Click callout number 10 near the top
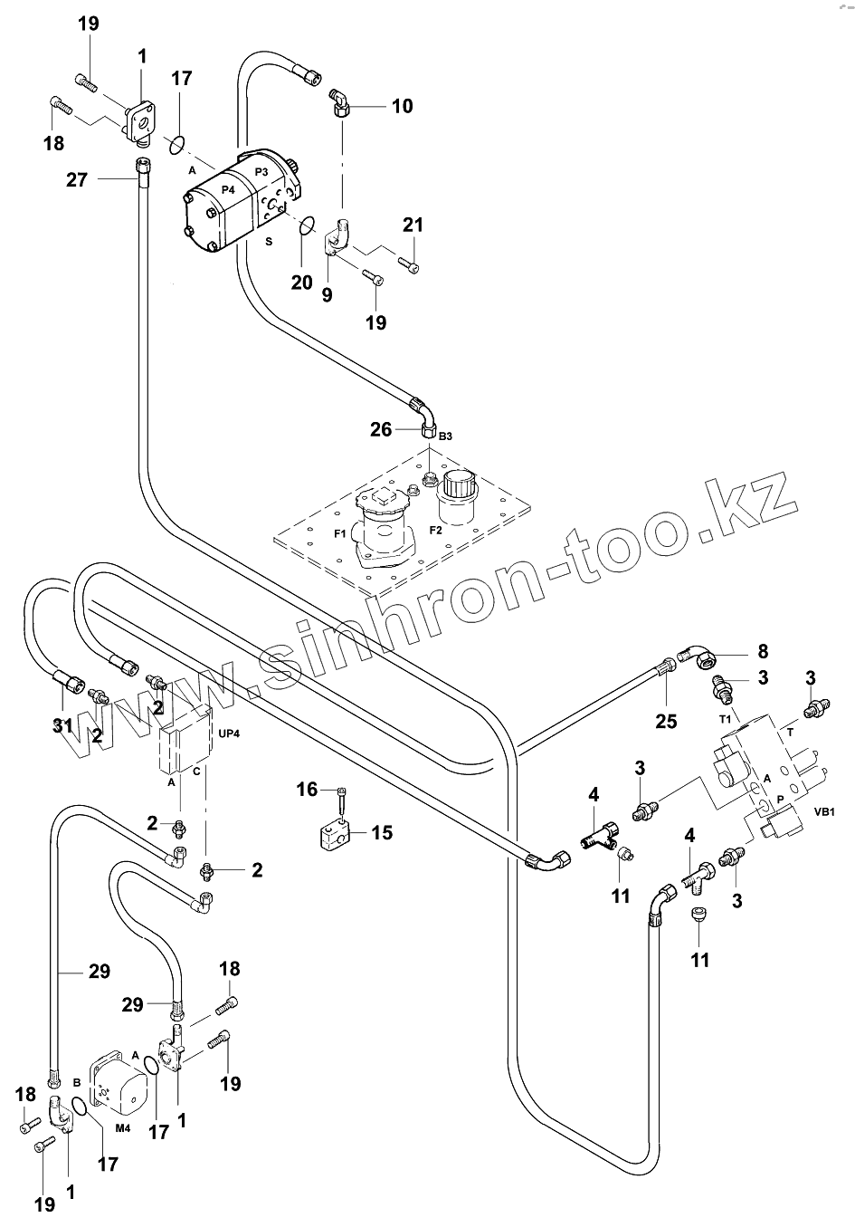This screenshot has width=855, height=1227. pyautogui.click(x=402, y=106)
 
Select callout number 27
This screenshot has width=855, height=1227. pyautogui.click(x=77, y=179)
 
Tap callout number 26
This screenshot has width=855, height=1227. pyautogui.click(x=381, y=428)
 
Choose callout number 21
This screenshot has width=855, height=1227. pyautogui.click(x=413, y=225)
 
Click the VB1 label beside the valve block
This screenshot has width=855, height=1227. pyautogui.click(x=824, y=811)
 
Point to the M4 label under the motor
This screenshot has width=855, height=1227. pyautogui.click(x=124, y=1127)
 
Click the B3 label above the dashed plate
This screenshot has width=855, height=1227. pyautogui.click(x=444, y=436)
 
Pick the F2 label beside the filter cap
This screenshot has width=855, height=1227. pyautogui.click(x=435, y=529)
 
